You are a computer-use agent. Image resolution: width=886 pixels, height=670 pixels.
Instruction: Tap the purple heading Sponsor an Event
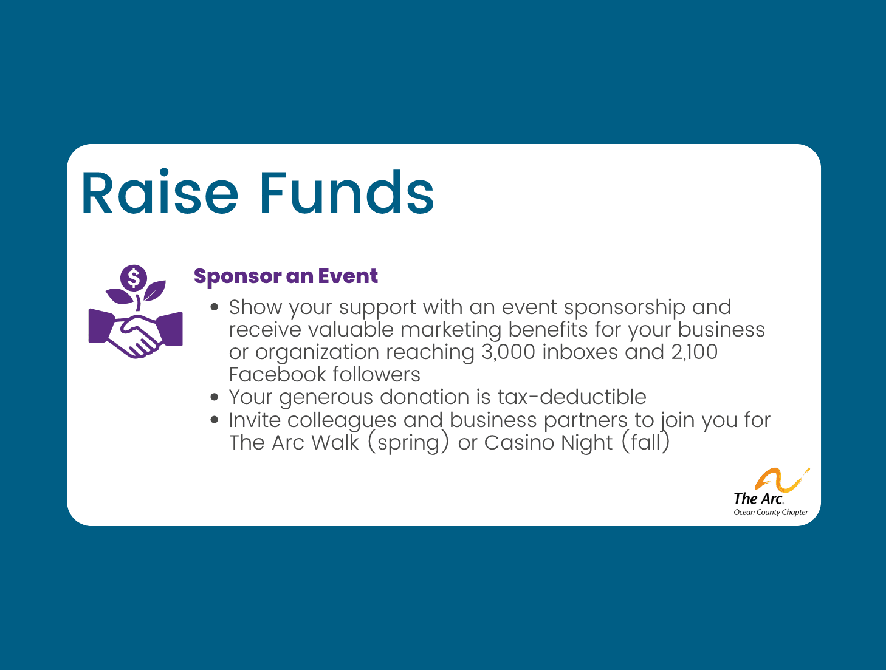(286, 276)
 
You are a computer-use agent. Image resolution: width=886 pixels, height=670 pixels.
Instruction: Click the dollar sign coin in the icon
(134, 279)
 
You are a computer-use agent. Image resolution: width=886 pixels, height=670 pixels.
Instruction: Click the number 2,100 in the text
(694, 352)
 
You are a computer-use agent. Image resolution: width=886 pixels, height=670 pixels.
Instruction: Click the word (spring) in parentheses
(408, 443)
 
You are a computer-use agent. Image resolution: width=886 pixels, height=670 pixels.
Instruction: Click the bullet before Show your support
(215, 307)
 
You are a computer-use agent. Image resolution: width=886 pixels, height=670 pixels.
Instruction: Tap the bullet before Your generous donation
(215, 397)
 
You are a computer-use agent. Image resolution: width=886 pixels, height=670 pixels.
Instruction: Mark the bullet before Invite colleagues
(215, 420)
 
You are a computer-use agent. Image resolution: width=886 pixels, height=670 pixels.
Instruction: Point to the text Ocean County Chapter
(771, 513)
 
